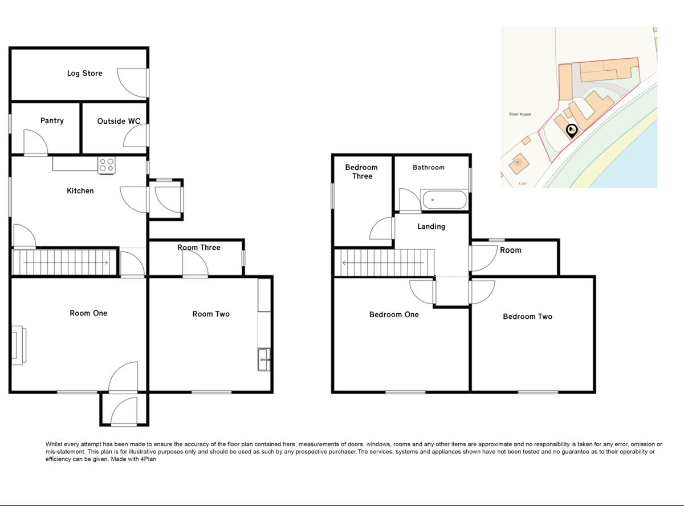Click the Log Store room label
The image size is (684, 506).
click(84, 73)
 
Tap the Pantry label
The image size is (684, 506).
click(52, 120)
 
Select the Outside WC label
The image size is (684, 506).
click(119, 121)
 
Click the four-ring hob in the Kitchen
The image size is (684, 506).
click(106, 165)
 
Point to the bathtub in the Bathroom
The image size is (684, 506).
click(445, 200)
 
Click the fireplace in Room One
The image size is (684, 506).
click(17, 345)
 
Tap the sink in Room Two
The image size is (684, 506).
click(263, 359)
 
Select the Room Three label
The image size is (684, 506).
click(198, 247)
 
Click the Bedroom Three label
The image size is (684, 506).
click(361, 172)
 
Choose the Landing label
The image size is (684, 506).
click(431, 226)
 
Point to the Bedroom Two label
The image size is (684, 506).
click(527, 317)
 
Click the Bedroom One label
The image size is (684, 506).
click(394, 314)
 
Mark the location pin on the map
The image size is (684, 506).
click(572, 131)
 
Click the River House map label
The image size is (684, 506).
click(520, 114)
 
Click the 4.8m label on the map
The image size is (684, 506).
click(523, 184)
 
